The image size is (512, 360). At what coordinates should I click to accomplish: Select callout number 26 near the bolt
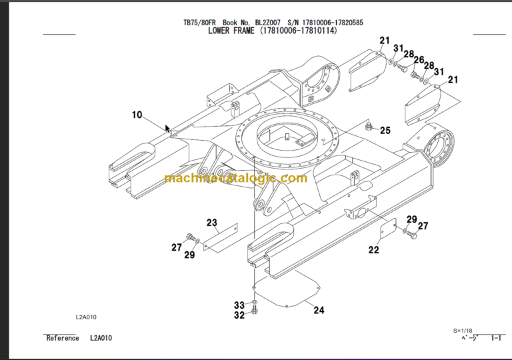coord(418,60)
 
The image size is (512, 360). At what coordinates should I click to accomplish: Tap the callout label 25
coord(385,131)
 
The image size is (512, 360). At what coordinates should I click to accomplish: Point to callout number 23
coord(211,222)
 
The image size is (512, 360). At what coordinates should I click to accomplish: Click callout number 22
coord(373,250)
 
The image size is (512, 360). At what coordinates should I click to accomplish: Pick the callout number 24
coord(319,309)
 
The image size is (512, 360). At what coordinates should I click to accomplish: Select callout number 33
coord(239,305)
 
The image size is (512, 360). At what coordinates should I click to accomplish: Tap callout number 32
coord(239,316)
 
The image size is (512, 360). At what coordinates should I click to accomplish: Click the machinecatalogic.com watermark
coord(235,178)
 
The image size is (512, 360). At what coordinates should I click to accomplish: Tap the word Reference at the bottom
coord(63,338)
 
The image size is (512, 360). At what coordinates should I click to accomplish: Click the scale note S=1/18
coord(463,331)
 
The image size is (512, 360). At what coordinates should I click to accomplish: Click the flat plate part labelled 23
coord(220,238)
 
